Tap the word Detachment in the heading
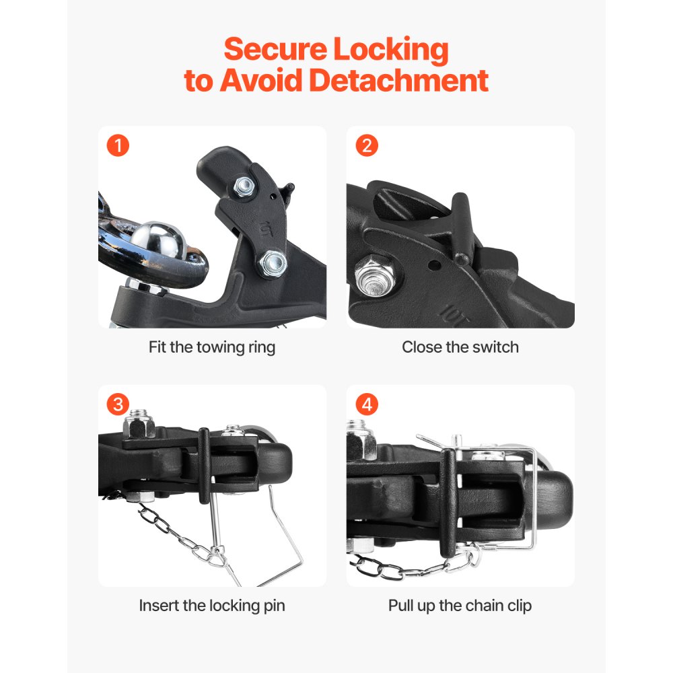click(x=398, y=81)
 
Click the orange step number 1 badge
click(x=118, y=145)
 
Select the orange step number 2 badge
click(x=367, y=145)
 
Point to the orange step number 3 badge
click(x=118, y=404)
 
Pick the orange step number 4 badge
click(x=367, y=404)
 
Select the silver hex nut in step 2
click(x=370, y=275)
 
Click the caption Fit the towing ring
click(x=212, y=347)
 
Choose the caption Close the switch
click(x=460, y=347)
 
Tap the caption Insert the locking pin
click(x=212, y=605)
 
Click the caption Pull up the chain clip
click(x=460, y=605)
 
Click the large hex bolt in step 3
click(x=139, y=425)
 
